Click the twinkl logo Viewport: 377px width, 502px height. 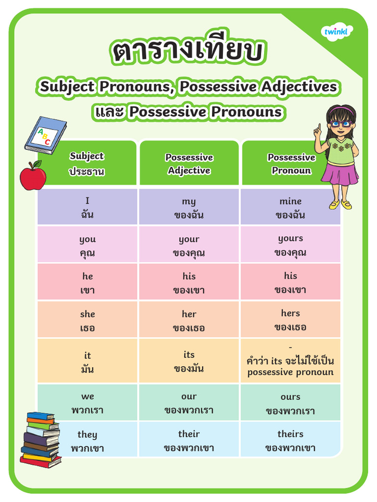[x=338, y=32]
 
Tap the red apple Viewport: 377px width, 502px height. [x=32, y=176]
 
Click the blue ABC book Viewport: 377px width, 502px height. [x=46, y=134]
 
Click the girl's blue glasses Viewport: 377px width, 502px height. [x=340, y=123]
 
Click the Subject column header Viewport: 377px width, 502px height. [x=87, y=163]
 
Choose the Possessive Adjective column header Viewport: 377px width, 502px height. [x=189, y=164]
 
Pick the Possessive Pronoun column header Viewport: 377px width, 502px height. [x=291, y=164]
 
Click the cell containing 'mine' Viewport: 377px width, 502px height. [x=291, y=207]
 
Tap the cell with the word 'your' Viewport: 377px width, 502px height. [x=189, y=245]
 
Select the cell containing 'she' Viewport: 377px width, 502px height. [x=87, y=320]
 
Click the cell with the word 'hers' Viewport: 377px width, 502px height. [x=291, y=319]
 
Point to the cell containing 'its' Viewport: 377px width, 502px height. [x=189, y=361]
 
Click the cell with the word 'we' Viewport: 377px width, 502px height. [x=87, y=402]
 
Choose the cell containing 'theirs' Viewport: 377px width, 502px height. [x=291, y=440]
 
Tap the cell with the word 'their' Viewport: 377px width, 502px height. [x=189, y=440]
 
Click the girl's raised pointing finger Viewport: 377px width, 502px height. [x=318, y=128]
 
